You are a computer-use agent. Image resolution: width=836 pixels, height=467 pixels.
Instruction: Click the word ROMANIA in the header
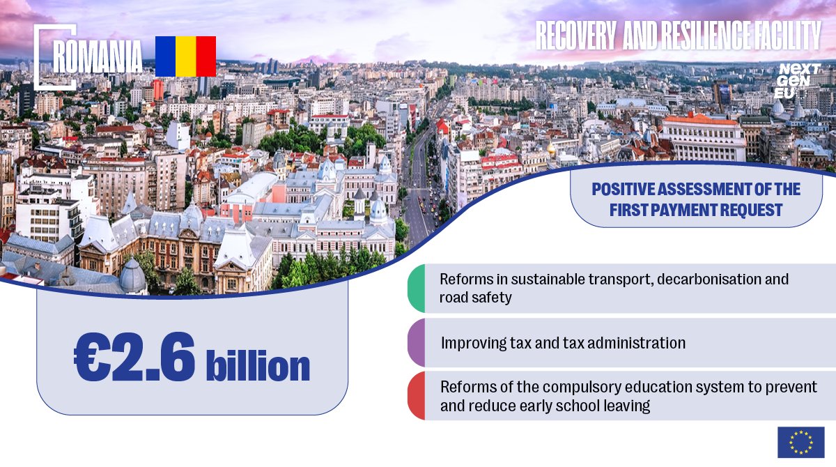coord(98,56)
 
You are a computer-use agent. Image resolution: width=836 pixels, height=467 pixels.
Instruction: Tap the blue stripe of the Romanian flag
coord(165,56)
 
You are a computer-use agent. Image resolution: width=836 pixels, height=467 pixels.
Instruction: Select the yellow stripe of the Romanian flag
coord(186,56)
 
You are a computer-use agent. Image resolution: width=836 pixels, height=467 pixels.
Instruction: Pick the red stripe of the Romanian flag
coord(206,56)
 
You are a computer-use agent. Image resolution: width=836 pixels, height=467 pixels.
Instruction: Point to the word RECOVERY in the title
coord(576,36)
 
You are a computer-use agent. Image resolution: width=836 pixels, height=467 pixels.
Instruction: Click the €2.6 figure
coord(134,358)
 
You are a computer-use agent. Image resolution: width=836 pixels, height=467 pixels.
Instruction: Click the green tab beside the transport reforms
coord(417,288)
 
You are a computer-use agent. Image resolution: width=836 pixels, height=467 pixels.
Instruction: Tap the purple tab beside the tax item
coord(417,342)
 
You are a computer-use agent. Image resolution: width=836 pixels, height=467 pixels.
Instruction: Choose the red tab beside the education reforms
coord(417,396)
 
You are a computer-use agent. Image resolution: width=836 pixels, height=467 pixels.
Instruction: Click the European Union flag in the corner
coord(801,443)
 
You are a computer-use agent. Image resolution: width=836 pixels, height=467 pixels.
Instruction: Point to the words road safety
coord(475,298)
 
